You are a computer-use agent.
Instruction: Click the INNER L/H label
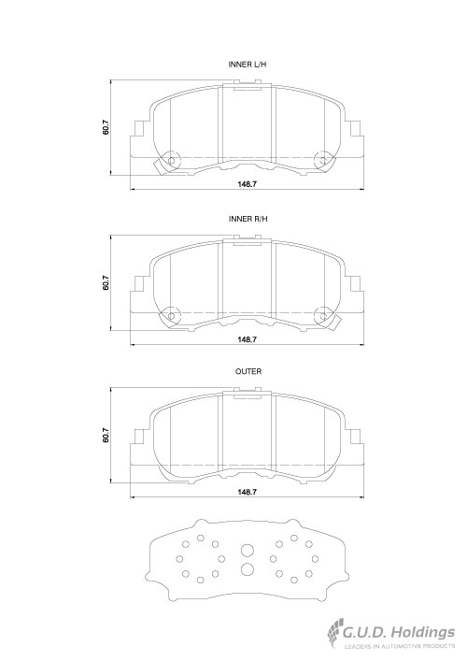coord(248,65)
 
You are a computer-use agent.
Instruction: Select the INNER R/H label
coord(248,219)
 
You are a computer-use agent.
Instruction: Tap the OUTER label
coord(248,371)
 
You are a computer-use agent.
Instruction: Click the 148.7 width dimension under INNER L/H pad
coord(248,184)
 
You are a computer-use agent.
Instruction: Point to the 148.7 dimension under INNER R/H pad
coord(248,339)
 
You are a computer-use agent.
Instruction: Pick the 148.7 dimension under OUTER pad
coord(248,492)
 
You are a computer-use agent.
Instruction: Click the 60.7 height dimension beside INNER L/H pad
coord(106,128)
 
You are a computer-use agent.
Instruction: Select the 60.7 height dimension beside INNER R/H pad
coord(106,283)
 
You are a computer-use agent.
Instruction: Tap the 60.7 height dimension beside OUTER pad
coord(106,435)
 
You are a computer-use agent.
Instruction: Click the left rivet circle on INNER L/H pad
coord(171,161)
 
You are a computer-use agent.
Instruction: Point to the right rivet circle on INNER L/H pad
coord(323,161)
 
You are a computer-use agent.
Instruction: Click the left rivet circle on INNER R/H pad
coord(171,316)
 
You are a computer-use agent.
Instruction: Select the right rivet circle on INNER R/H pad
coord(323,316)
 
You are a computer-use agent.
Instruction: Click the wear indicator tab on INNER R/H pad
coord(334,322)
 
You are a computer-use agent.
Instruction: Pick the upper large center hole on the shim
coord(248,551)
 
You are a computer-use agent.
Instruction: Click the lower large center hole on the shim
coord(248,569)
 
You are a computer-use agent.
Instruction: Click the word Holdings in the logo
coord(424,633)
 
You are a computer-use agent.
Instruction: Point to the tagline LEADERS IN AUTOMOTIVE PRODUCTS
coord(400,646)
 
